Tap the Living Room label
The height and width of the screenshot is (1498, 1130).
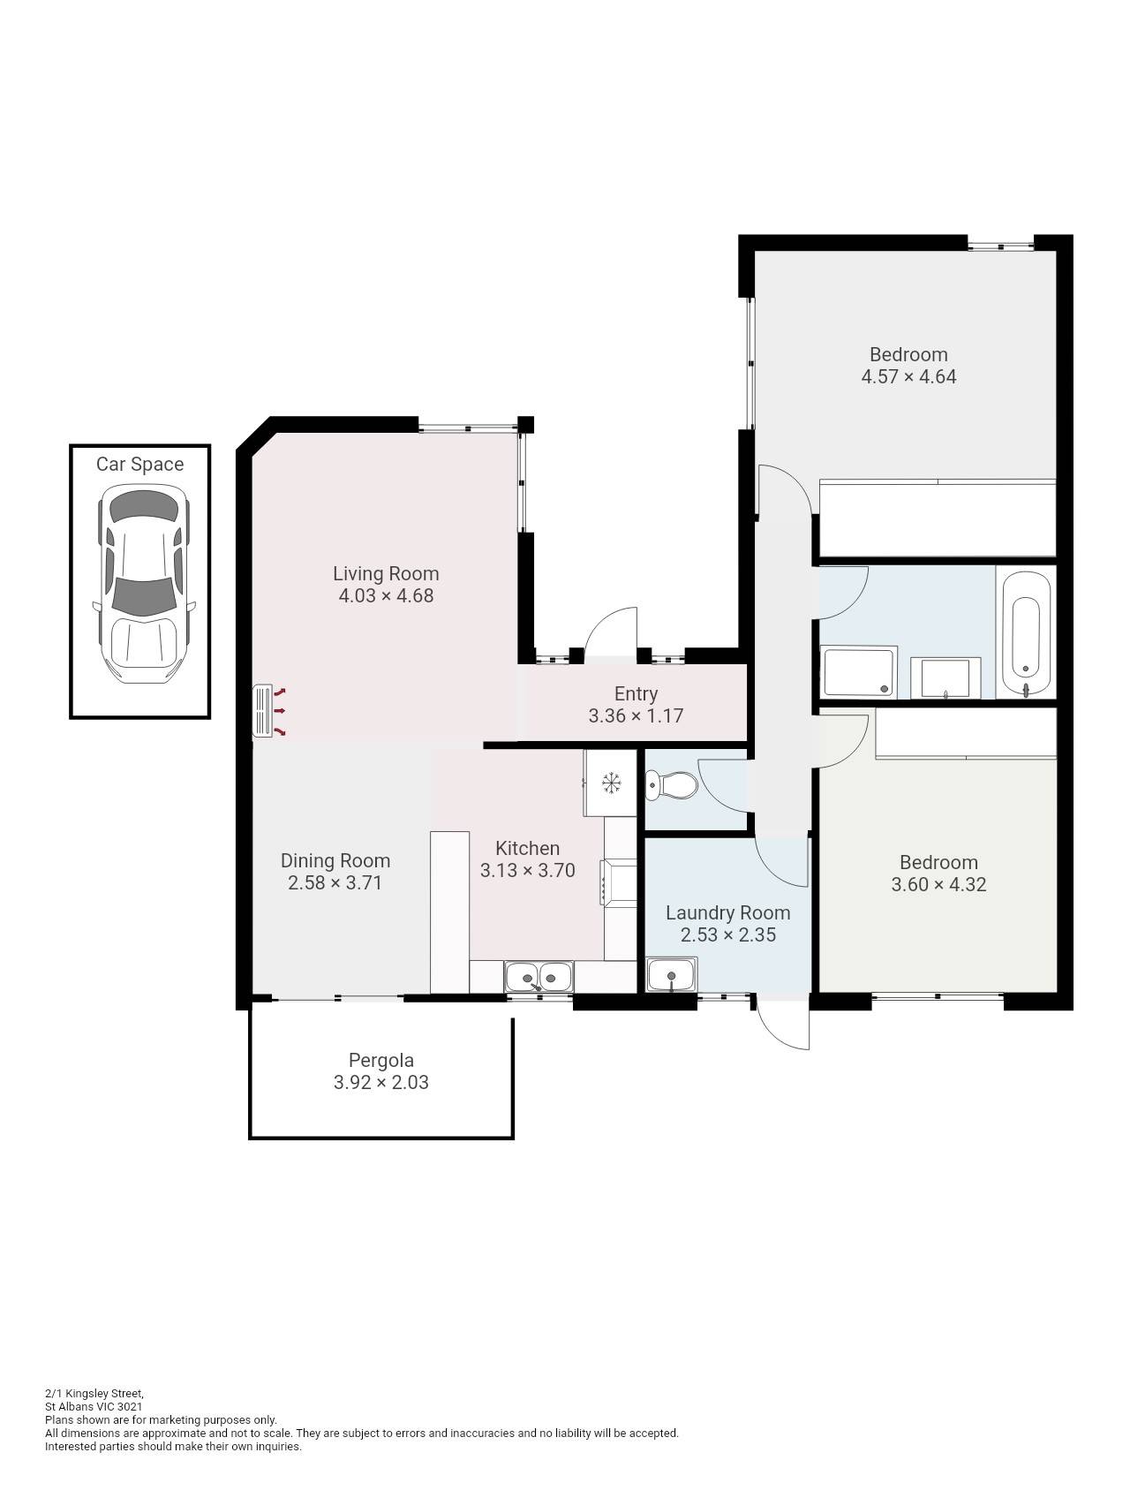coord(386,573)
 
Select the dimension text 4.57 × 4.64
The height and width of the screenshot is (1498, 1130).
coord(908,376)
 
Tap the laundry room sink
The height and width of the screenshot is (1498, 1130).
coord(672,976)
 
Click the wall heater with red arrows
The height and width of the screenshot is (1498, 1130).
coord(265,711)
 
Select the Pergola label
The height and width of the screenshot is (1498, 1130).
coord(380,1060)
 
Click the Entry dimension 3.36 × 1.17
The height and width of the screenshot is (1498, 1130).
coord(636,715)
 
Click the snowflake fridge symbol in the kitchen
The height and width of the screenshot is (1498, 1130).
coord(610,783)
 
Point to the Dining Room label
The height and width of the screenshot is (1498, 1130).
coord(335,860)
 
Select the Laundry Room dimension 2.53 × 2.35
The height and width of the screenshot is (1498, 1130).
coord(727,934)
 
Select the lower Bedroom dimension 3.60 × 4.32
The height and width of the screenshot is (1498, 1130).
coord(938,884)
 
